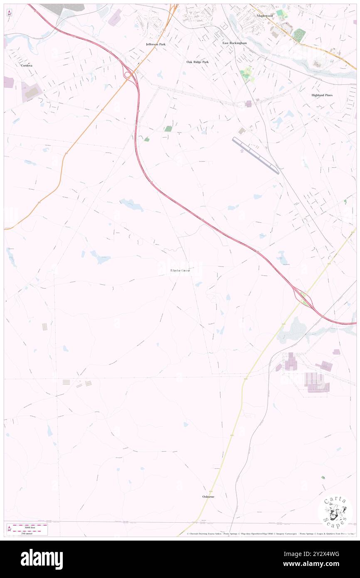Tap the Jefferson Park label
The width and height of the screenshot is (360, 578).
click(x=156, y=44)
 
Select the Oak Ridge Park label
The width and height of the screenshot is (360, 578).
click(x=197, y=62)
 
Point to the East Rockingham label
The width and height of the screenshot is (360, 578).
click(x=234, y=43)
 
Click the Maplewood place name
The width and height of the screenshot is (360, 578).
click(x=264, y=15)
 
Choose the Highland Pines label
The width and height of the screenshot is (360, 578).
click(x=322, y=95)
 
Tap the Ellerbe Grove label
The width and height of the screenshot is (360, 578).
click(x=180, y=270)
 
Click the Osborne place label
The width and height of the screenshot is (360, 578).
click(x=208, y=496)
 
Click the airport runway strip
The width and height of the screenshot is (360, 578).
click(x=256, y=156)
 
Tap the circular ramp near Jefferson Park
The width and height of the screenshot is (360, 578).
click(x=129, y=74)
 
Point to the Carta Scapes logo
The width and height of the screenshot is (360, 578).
click(x=335, y=511)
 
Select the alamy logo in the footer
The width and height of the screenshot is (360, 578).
click(x=42, y=558)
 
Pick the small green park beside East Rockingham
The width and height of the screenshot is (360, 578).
click(x=247, y=74)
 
